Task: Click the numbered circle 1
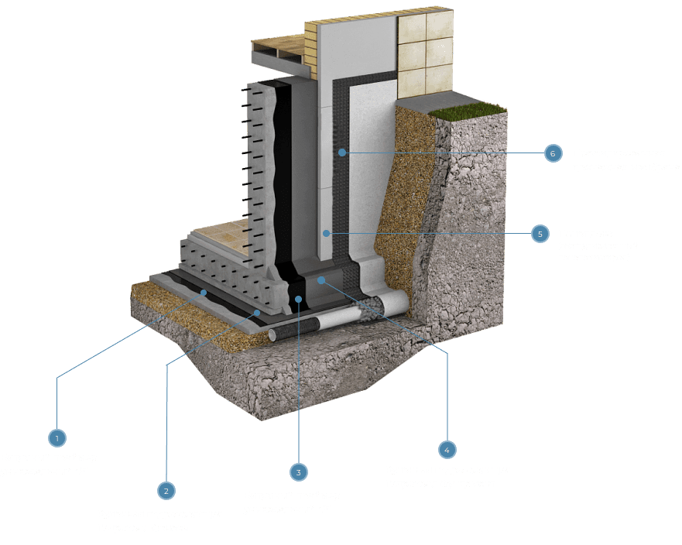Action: coord(57,438)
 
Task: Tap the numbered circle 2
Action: coord(165,489)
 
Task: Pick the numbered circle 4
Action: coord(447,449)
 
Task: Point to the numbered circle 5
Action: coord(540,233)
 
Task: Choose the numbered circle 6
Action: coord(552,153)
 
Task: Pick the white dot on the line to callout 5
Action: coord(327,233)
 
